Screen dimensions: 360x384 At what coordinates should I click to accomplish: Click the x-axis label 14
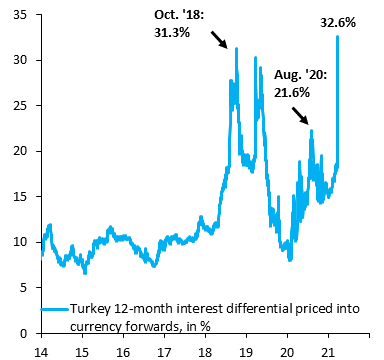(41, 351)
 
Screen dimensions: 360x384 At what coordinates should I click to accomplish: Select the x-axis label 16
(123, 351)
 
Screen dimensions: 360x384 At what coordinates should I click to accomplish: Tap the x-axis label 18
(204, 351)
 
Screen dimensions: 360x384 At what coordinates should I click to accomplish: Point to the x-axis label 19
(245, 351)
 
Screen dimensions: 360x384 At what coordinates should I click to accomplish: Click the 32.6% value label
(337, 22)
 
